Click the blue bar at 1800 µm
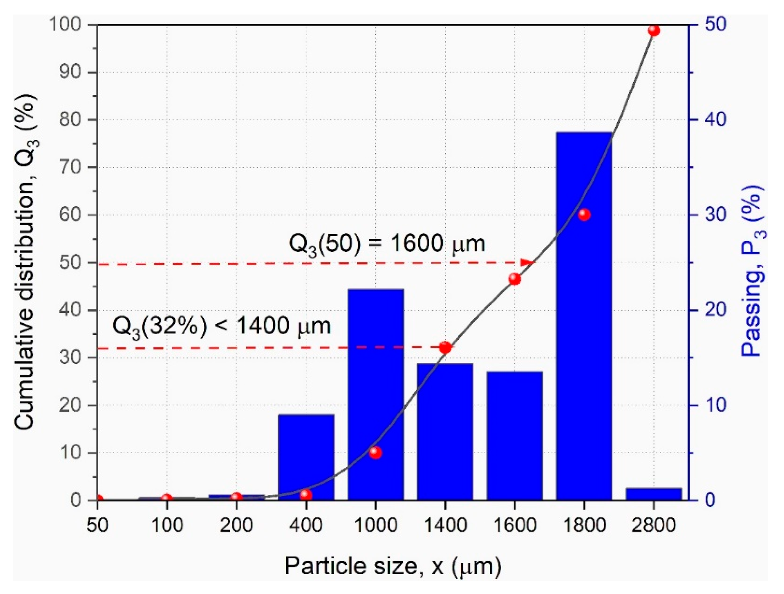tap(584, 319)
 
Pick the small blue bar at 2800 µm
tap(654, 494)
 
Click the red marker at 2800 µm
tap(654, 31)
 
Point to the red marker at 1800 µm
tap(584, 214)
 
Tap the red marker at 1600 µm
tap(515, 279)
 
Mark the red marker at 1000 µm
tap(375, 453)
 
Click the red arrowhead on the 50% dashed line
tap(527, 263)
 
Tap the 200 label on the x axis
tap(236, 525)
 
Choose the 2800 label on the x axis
tap(654, 525)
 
